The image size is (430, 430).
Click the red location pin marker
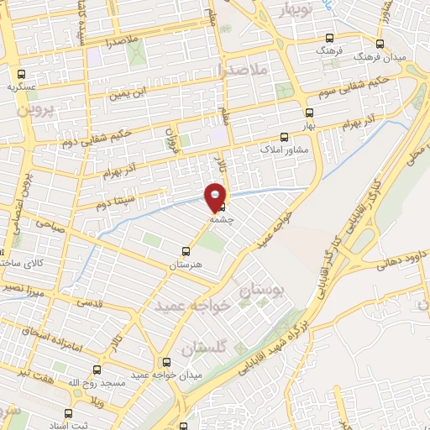tap(216, 195)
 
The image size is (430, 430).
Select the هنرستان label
tap(186, 265)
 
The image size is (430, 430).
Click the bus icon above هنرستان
tap(186, 250)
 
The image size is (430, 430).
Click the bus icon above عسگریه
tap(31, 73)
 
